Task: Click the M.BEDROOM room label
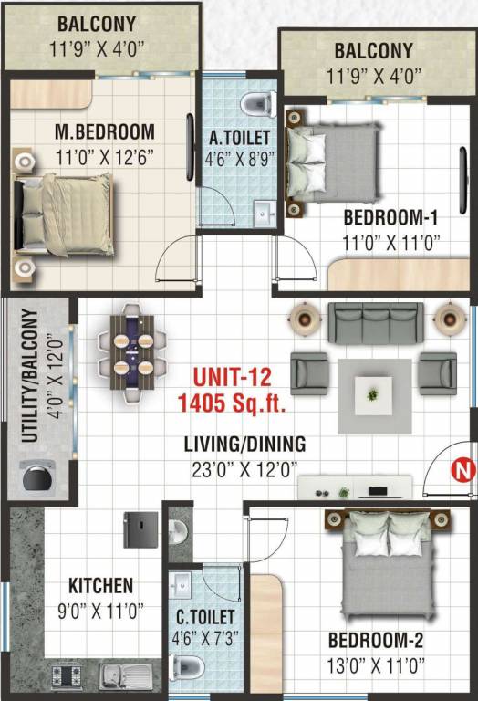[104, 131]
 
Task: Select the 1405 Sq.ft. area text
[233, 401]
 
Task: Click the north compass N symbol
[462, 471]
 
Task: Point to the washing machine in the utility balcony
[36, 477]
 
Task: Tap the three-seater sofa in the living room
[374, 322]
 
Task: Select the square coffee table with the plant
[373, 395]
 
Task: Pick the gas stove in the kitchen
[68, 676]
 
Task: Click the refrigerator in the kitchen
[140, 528]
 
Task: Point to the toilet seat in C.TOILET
[189, 664]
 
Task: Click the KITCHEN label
[100, 585]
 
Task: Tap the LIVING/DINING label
[244, 445]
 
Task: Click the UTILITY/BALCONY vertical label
[30, 375]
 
